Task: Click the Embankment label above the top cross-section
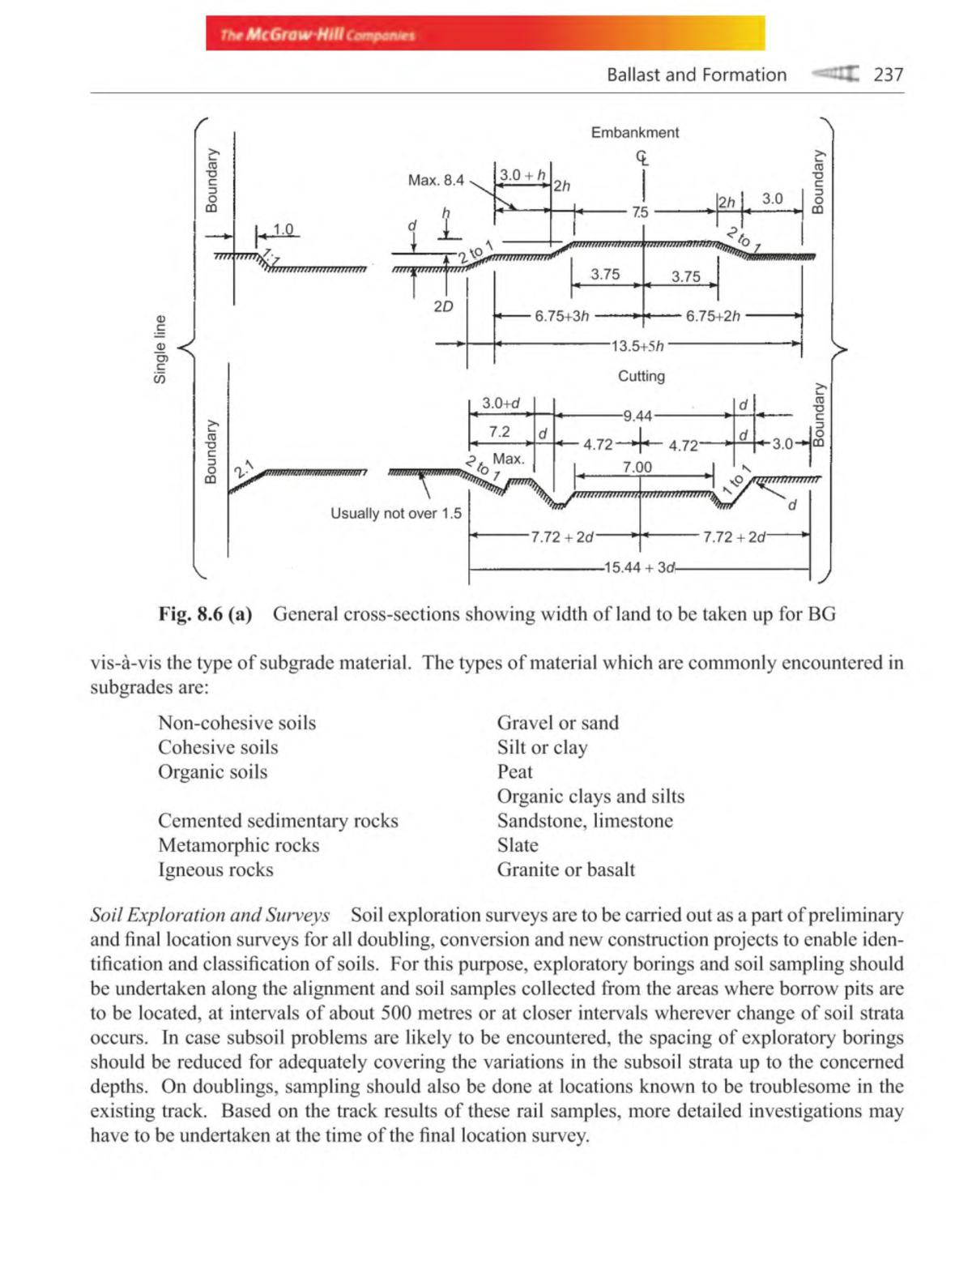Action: pyautogui.click(x=634, y=132)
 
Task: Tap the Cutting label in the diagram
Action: pyautogui.click(x=641, y=376)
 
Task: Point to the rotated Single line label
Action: pyautogui.click(x=160, y=349)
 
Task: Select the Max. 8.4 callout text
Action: pyautogui.click(x=436, y=180)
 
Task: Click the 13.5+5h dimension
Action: pyautogui.click(x=637, y=346)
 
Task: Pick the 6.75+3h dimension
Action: pyautogui.click(x=561, y=316)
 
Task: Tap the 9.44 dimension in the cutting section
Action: pyautogui.click(x=637, y=416)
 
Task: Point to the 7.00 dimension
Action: pyautogui.click(x=637, y=467)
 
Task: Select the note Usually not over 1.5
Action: pyautogui.click(x=395, y=513)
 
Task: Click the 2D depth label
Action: pyautogui.click(x=443, y=306)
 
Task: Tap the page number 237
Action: pyautogui.click(x=888, y=75)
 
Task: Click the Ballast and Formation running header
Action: pyautogui.click(x=697, y=75)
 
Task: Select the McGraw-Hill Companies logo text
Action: pyautogui.click(x=318, y=35)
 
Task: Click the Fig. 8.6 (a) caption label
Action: pyautogui.click(x=205, y=613)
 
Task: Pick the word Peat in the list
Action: pyautogui.click(x=514, y=771)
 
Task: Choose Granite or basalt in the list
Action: pyautogui.click(x=565, y=869)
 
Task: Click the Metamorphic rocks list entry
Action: pyautogui.click(x=238, y=845)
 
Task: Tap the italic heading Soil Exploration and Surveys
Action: pyautogui.click(x=210, y=915)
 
